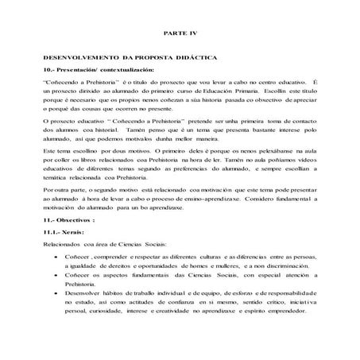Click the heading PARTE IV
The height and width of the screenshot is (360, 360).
coord(179,35)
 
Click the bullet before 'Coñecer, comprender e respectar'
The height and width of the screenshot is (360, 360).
coord(54,280)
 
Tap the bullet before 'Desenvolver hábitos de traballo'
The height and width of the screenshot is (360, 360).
coord(54,316)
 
